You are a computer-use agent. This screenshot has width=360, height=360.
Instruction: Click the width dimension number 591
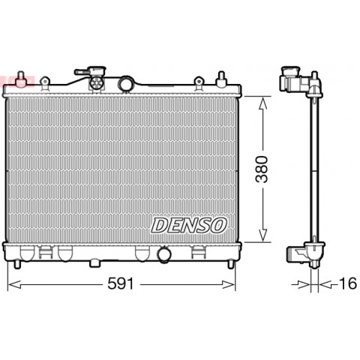point(121,283)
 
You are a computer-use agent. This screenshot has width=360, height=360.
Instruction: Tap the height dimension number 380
point(262,169)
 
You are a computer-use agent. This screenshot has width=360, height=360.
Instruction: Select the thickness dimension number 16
point(347,283)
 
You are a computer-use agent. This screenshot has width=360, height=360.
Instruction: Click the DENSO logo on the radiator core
point(189,225)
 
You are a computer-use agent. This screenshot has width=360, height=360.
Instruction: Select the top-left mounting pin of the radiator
point(21,79)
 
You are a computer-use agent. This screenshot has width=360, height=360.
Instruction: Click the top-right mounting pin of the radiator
point(221,79)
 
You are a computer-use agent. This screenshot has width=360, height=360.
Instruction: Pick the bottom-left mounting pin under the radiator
point(16,265)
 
